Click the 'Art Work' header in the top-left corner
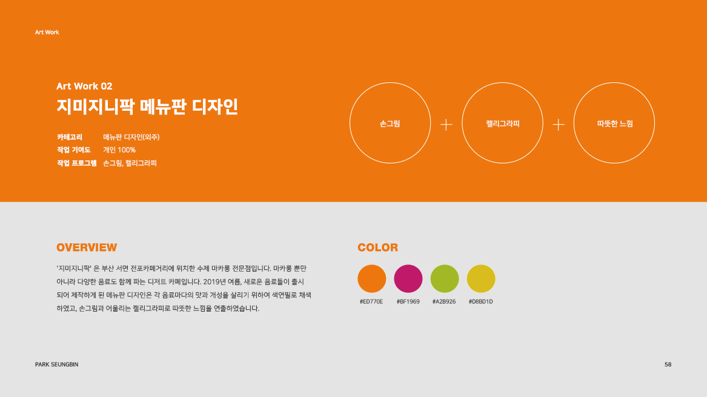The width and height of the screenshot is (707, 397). click(47, 32)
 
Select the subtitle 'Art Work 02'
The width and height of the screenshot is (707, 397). click(84, 86)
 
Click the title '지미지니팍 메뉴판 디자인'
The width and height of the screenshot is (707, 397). click(147, 107)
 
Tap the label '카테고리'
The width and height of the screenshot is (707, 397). click(70, 137)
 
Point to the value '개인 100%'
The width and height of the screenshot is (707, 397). click(119, 150)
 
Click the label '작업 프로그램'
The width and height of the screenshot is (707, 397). click(77, 163)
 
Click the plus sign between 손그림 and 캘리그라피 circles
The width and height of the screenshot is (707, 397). click(446, 125)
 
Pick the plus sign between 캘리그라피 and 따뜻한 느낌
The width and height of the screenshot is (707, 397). click(559, 125)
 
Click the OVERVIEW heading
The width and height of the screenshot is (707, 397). click(87, 248)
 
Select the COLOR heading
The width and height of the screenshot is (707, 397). click(378, 248)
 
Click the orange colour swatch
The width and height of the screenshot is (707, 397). click(372, 278)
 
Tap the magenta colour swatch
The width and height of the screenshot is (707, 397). click(408, 278)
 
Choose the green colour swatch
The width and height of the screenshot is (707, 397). click(445, 278)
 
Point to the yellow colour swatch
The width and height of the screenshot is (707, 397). click(481, 278)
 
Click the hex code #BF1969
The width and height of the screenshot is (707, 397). click(408, 301)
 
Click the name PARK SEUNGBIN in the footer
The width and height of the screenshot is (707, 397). click(57, 364)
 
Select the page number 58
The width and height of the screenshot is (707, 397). click(668, 364)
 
